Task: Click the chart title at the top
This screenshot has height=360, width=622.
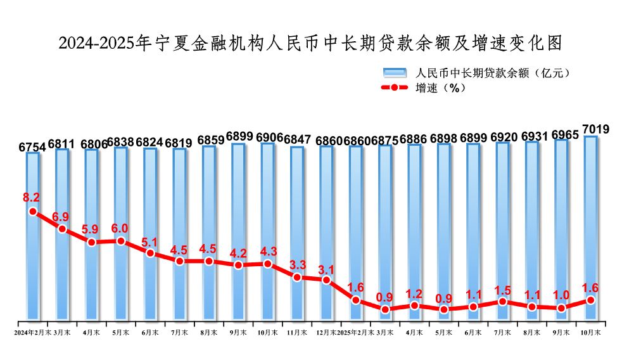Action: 310,43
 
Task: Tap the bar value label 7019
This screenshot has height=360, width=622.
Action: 595,130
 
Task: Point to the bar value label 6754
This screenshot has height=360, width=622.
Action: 32,147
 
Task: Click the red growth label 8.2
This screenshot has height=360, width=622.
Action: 32,197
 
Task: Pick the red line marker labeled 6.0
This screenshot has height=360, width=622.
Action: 121,241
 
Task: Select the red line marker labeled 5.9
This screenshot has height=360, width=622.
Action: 92,242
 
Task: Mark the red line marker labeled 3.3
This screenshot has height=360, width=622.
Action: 297,277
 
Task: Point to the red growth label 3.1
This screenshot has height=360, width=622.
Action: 326,267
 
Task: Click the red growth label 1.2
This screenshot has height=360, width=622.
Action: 414,293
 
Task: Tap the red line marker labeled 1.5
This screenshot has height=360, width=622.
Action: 502,302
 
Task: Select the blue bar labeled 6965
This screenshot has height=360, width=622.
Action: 561,228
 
